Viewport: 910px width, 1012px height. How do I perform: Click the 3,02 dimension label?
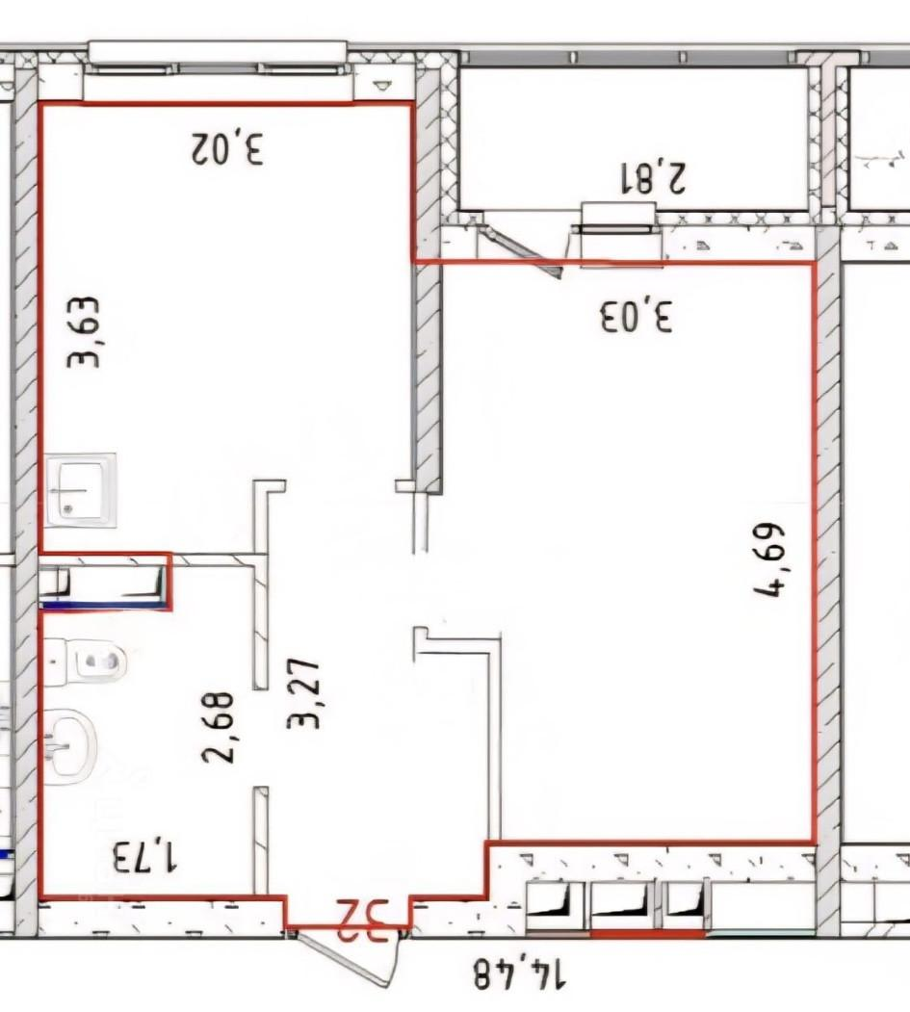227,149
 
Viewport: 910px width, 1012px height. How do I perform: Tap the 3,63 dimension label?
84,332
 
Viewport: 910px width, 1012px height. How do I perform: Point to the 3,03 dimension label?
637,315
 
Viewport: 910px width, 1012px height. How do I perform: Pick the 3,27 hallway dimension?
303,694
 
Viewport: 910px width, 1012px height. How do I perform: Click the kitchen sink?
82,490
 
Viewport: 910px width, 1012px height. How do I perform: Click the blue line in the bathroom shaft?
105,605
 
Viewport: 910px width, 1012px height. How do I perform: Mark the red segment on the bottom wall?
648,933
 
